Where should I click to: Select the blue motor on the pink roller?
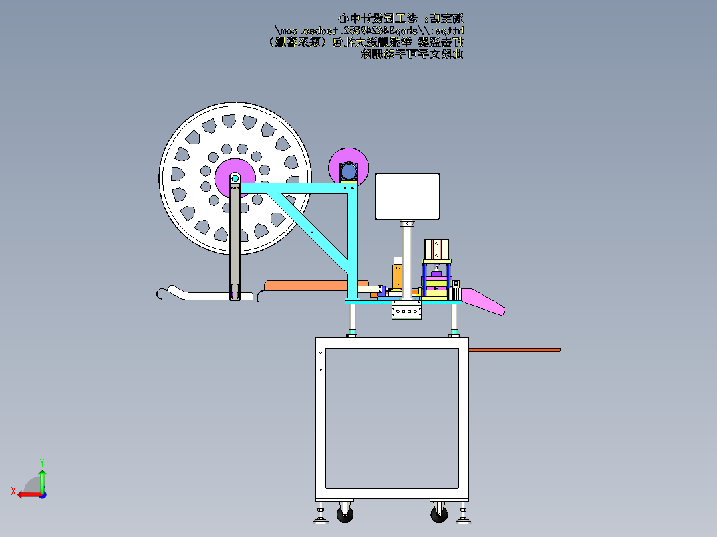tap(349, 171)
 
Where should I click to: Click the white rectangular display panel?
tap(408, 197)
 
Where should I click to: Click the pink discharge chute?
tap(485, 300)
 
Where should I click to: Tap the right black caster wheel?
tap(440, 514)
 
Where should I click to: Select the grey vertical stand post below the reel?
tap(235, 246)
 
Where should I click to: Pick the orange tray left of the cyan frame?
tap(306, 285)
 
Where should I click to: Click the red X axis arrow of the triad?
tap(25, 494)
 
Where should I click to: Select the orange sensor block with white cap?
tap(397, 272)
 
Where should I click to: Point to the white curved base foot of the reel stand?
tap(200, 294)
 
